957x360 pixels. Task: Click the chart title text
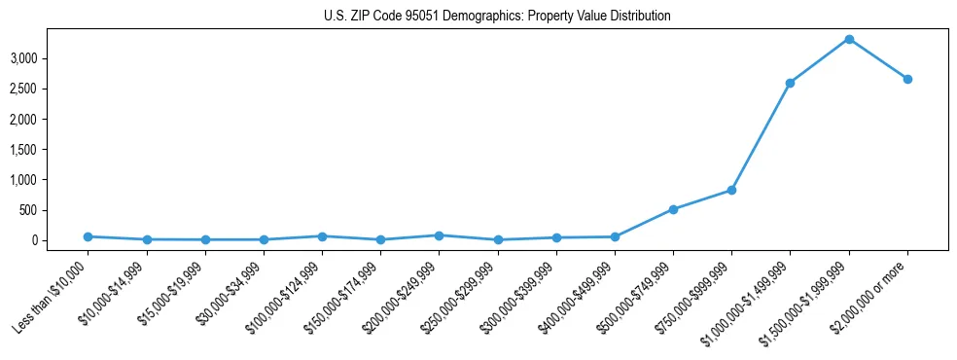tap(497, 17)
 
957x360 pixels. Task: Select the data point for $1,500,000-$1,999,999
tap(849, 39)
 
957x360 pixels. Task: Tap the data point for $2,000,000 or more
tap(907, 79)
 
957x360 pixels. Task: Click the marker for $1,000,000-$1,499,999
tap(791, 83)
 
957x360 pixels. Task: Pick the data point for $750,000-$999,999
tap(731, 190)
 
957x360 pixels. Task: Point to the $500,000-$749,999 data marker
tap(673, 209)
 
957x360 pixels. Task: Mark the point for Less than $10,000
tap(88, 236)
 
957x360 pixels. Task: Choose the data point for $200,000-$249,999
tap(439, 235)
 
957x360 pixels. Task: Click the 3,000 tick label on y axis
tap(51, 58)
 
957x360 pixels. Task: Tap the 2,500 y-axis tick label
tap(51, 89)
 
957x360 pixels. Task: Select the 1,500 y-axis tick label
tap(51, 149)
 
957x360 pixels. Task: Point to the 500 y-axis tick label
tap(55, 210)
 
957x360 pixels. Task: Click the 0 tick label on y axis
tap(61, 240)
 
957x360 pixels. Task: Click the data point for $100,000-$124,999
tap(322, 236)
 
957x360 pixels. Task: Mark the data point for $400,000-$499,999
tap(615, 236)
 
